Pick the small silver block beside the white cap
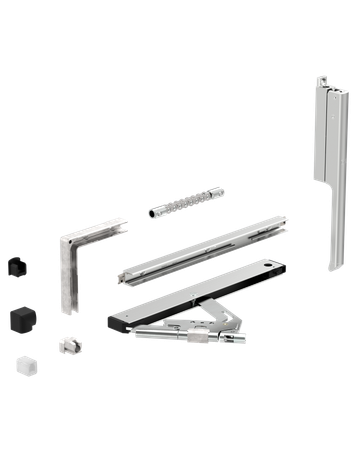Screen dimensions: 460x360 (68, 343)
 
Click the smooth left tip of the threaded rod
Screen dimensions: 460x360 (151, 213)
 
